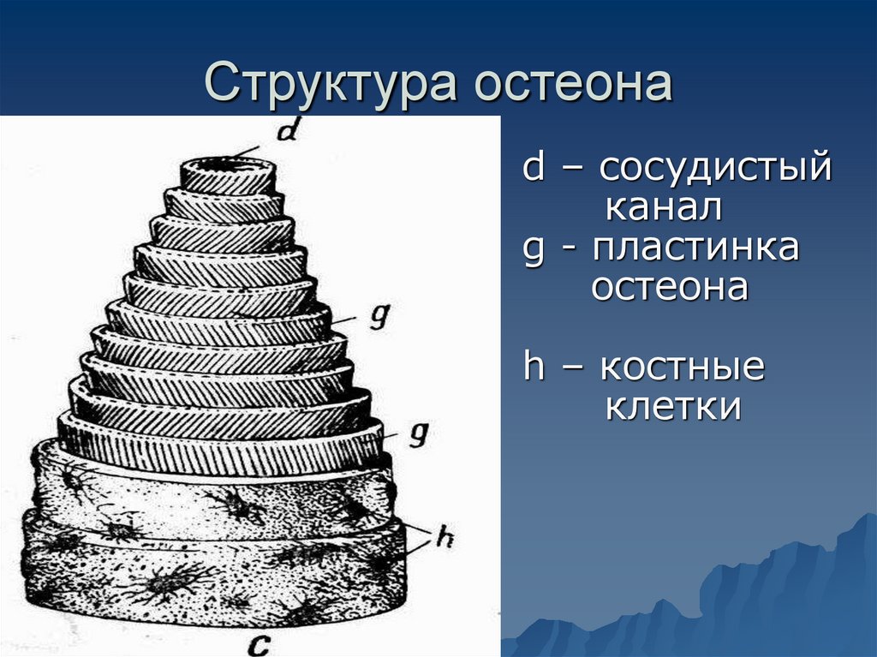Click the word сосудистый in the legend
coord(715,167)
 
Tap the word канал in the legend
coord(664,206)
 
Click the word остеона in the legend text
coord(670,287)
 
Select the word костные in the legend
coord(682,367)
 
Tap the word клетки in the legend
coord(672,407)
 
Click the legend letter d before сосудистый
coord(534,167)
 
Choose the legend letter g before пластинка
coord(534,251)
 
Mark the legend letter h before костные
coord(534,367)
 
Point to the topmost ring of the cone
coord(228,178)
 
